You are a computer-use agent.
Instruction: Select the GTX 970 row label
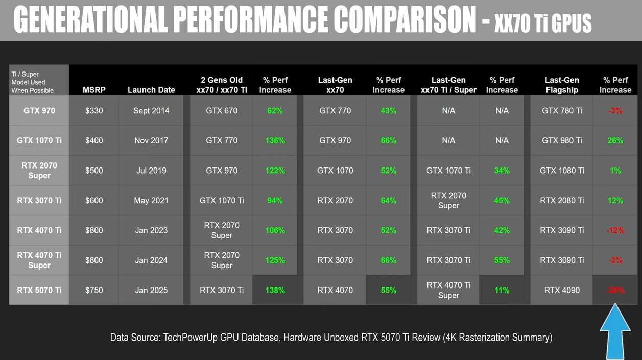39,111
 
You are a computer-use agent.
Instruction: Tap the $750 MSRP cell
94,290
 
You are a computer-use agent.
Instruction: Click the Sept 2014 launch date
151,111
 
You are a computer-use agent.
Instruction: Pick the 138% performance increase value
275,290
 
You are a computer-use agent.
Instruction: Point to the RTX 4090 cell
562,290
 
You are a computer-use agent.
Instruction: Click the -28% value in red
615,290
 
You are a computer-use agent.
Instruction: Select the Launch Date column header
151,90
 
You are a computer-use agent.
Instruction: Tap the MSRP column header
94,90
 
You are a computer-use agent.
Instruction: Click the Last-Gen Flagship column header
562,85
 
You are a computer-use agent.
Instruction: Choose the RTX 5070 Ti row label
39,290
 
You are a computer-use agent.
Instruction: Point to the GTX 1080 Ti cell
562,171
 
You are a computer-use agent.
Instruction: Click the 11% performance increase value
502,290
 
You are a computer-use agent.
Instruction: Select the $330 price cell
94,111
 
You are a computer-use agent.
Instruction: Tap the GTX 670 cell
222,111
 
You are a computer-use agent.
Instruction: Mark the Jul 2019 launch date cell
151,171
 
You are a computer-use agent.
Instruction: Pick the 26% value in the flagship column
615,140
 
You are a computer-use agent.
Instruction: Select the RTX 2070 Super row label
39,171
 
